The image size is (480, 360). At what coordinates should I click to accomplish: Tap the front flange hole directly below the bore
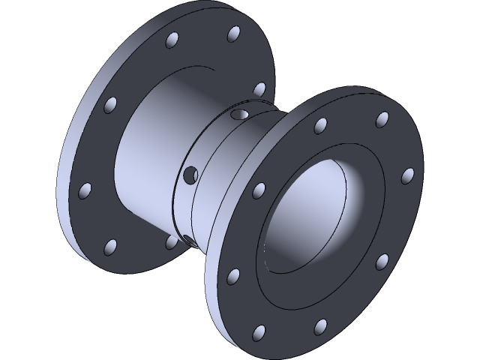pyautogui.click(x=321, y=325)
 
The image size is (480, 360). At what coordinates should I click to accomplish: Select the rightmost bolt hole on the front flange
pyautogui.click(x=408, y=175)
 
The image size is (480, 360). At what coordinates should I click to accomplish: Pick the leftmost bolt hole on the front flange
pyautogui.click(x=234, y=275)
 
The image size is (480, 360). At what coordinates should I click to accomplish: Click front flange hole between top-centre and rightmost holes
pyautogui.click(x=382, y=118)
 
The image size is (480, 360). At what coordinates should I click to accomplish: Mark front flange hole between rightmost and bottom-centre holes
pyautogui.click(x=382, y=260)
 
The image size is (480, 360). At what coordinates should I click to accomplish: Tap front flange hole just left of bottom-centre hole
pyautogui.click(x=259, y=331)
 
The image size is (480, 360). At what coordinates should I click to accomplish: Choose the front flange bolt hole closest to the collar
pyautogui.click(x=259, y=187)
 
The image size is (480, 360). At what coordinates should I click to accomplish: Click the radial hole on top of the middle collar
pyautogui.click(x=239, y=115)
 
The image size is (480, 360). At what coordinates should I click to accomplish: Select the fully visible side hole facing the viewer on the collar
pyautogui.click(x=190, y=175)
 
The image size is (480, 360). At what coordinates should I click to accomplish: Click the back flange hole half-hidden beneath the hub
pyautogui.click(x=171, y=241)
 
